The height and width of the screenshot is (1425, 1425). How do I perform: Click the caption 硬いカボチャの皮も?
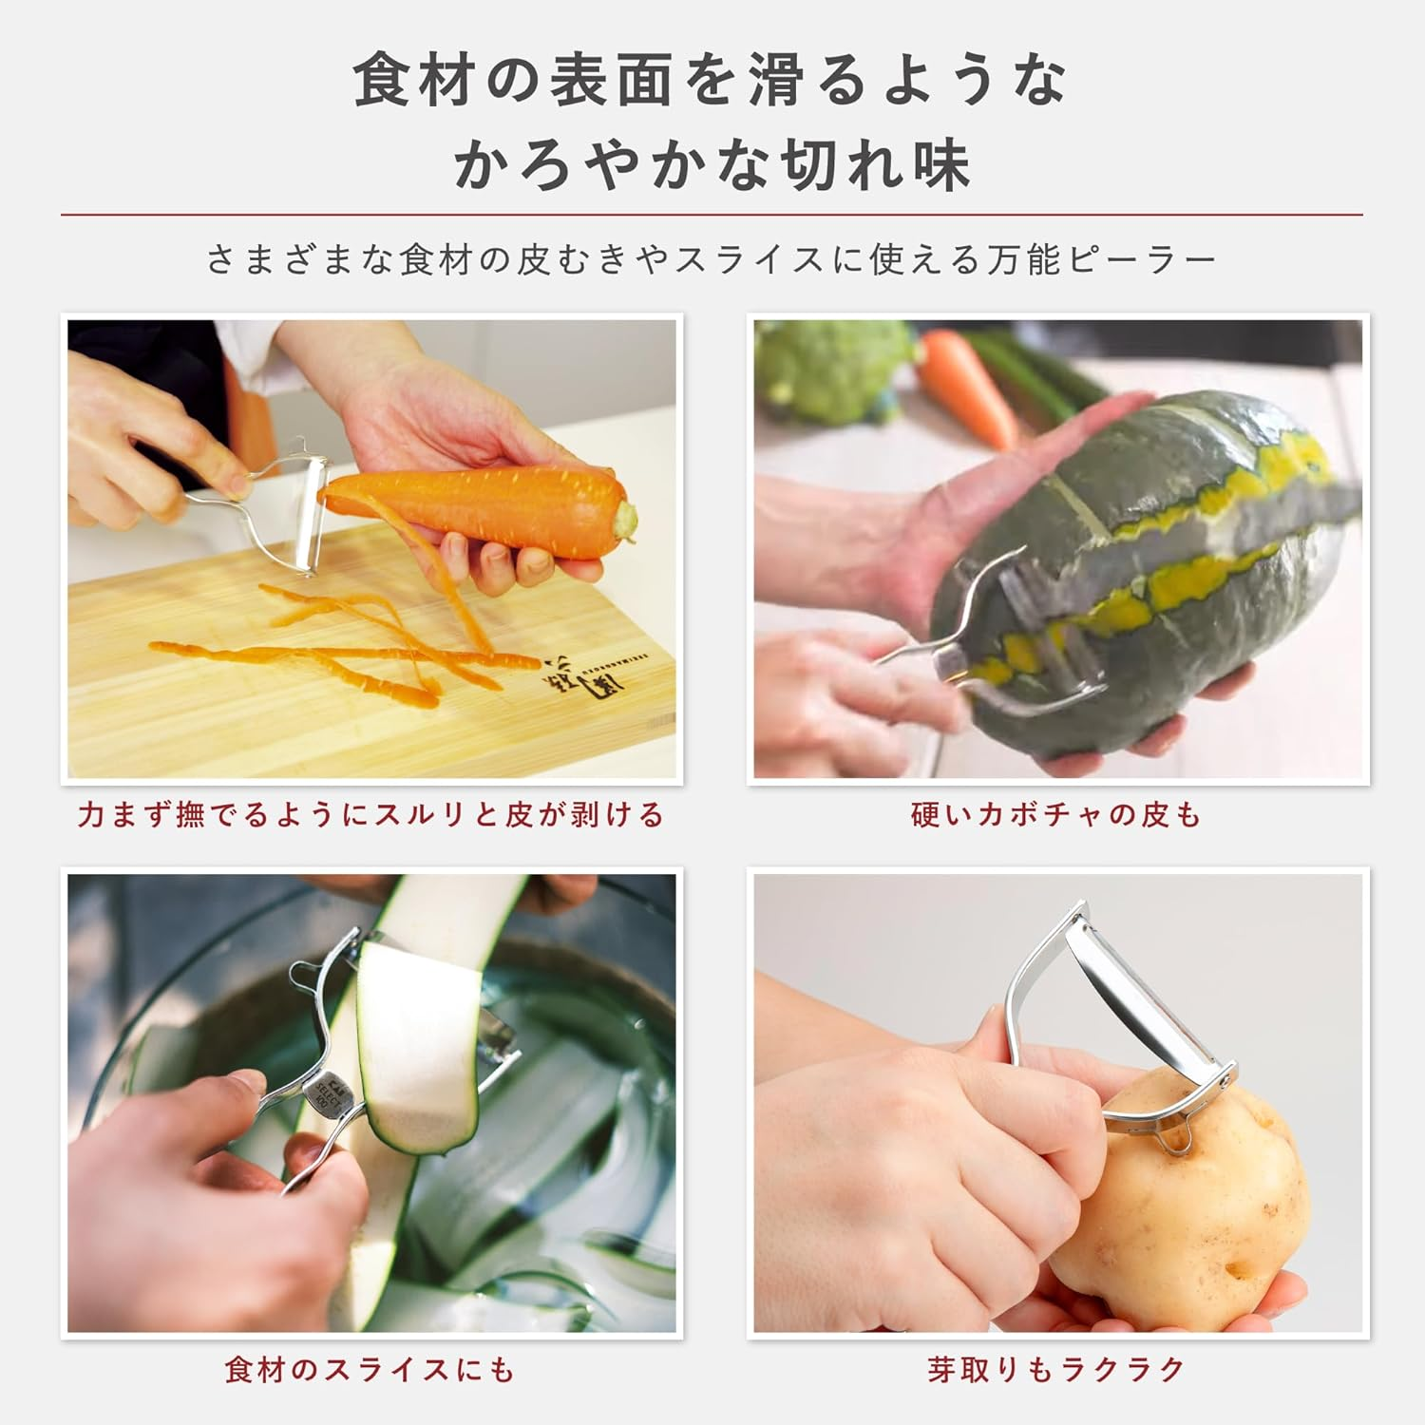[x=1056, y=815]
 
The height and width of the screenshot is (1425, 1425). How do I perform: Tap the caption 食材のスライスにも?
[x=370, y=1369]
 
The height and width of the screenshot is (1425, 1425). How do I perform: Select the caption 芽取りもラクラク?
[x=1056, y=1369]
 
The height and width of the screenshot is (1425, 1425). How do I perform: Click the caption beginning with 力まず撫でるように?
[x=370, y=815]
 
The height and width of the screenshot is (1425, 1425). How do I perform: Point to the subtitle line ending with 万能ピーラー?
[x=712, y=259]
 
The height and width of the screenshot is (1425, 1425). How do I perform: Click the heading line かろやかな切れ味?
[x=712, y=163]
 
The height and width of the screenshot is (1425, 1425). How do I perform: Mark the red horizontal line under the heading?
[x=712, y=215]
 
